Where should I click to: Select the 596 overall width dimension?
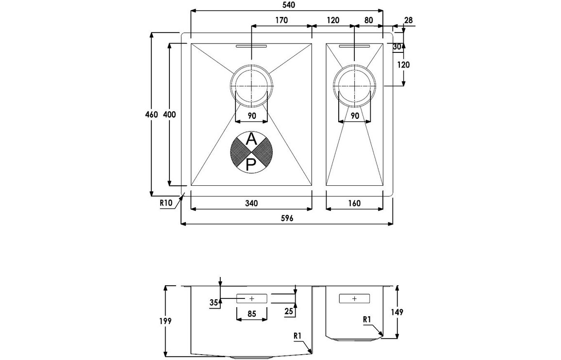pyautogui.click(x=287, y=219)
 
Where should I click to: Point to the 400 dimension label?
pyautogui.click(x=169, y=115)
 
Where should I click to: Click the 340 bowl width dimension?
pyautogui.click(x=251, y=203)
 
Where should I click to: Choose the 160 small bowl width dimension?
pyautogui.click(x=354, y=203)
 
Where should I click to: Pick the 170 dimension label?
pyautogui.click(x=281, y=20)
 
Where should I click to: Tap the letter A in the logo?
pyautogui.click(x=251, y=140)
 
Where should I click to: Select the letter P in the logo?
pyautogui.click(x=251, y=165)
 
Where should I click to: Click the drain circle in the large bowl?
pyautogui.click(x=251, y=85)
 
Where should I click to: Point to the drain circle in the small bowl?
pyautogui.click(x=355, y=85)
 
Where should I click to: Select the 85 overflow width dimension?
pyautogui.click(x=251, y=313)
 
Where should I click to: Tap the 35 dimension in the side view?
pyautogui.click(x=214, y=302)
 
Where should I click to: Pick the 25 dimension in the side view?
pyautogui.click(x=289, y=311)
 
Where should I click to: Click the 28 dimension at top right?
pyautogui.click(x=408, y=20)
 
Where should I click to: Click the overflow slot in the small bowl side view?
pyautogui.click(x=354, y=298)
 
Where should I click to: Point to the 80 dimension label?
pyautogui.click(x=368, y=20)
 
